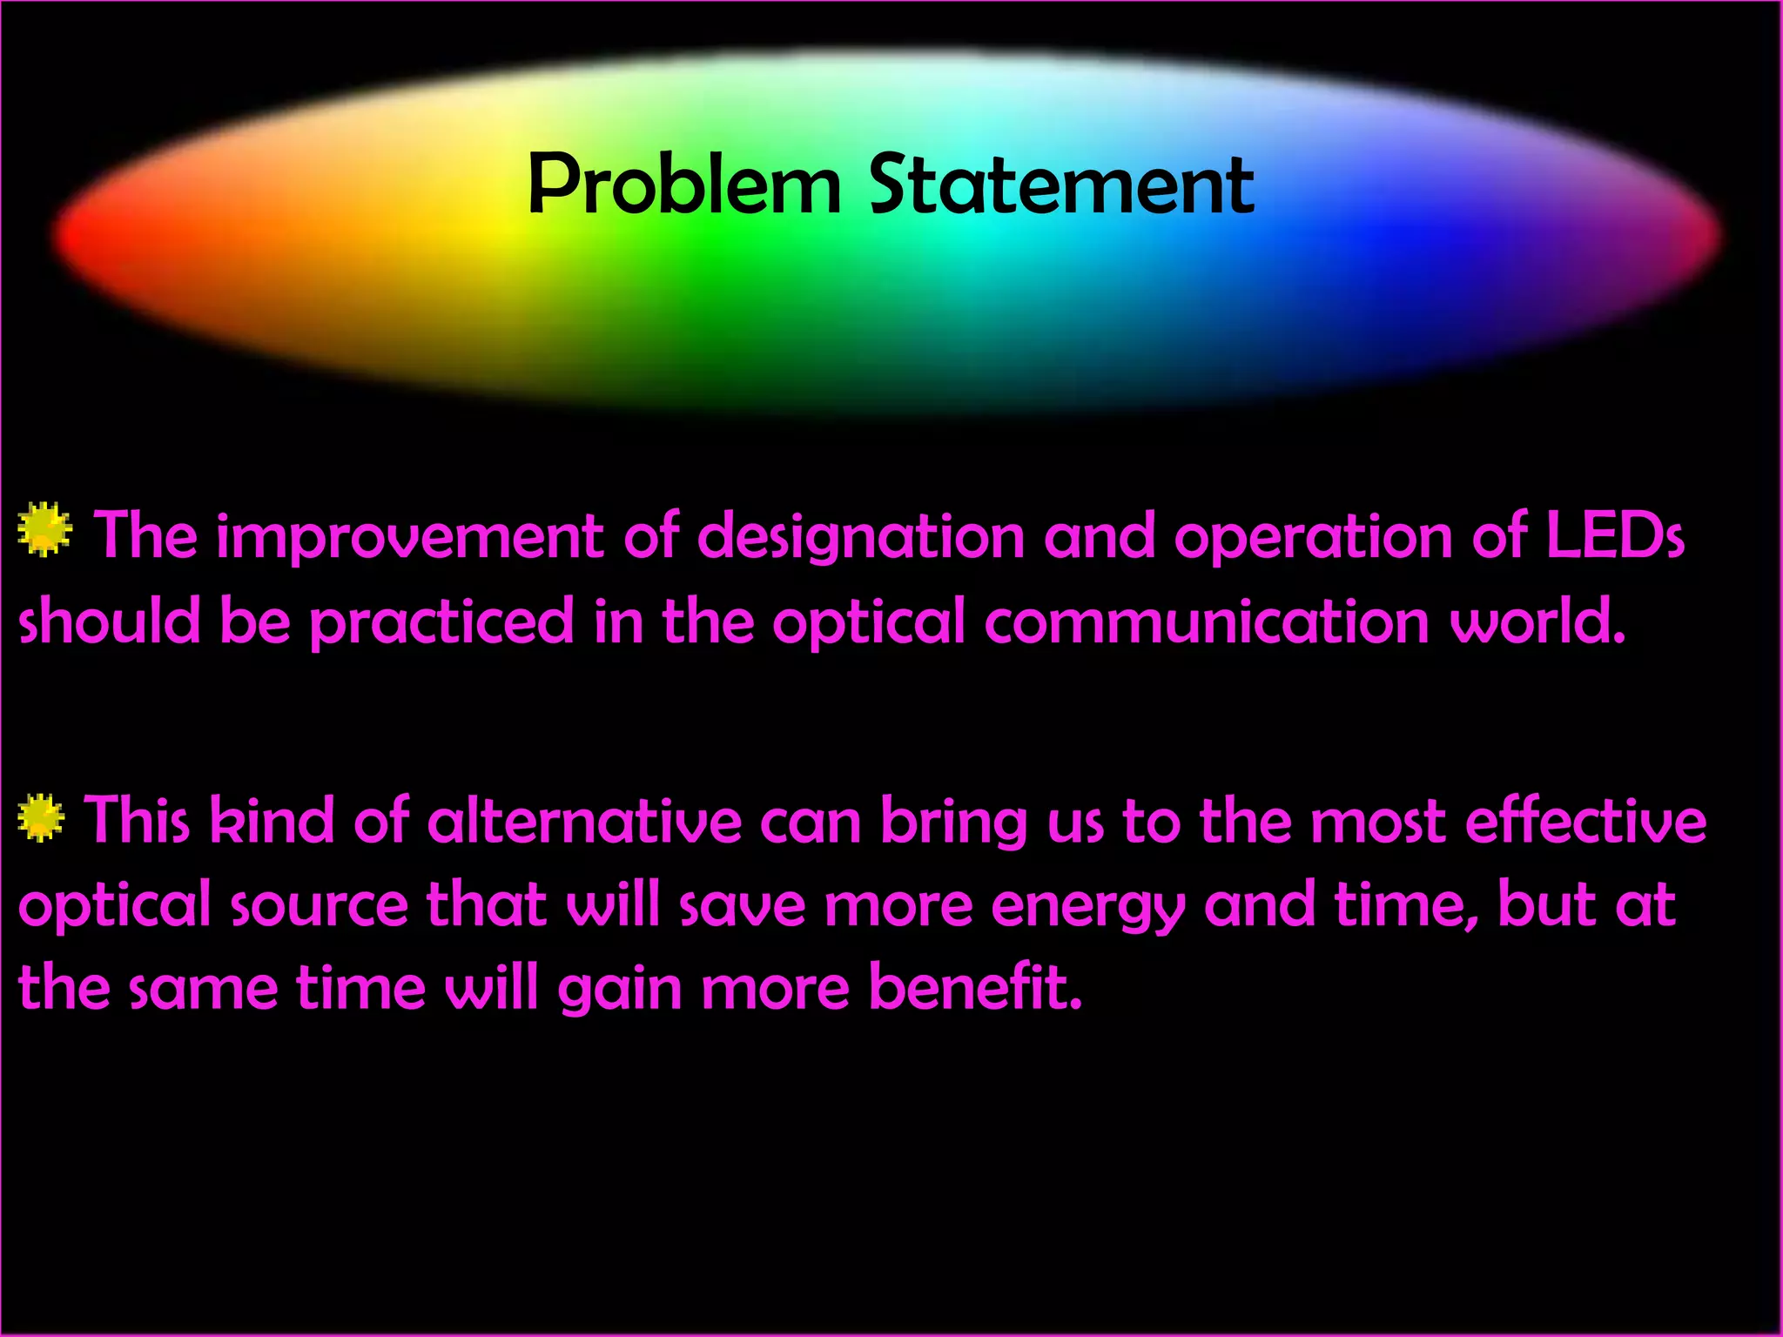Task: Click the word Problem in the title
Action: coord(684,185)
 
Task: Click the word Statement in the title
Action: coord(1061,185)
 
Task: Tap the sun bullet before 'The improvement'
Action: coord(44,528)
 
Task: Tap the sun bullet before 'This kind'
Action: coord(41,817)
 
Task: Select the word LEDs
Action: coord(1615,535)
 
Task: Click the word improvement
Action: coord(409,537)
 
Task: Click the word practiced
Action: coord(441,621)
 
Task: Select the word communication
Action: coord(1207,621)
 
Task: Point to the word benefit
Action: coord(975,989)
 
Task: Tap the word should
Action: coord(109,621)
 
